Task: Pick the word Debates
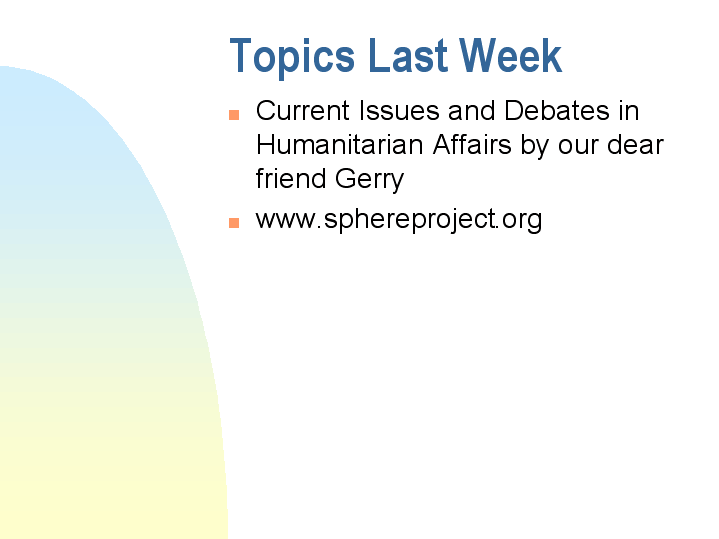555,111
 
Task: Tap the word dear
635,145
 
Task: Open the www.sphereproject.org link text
399,219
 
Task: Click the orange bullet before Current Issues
235,113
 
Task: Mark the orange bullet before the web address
235,222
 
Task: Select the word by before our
536,146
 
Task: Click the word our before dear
581,146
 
